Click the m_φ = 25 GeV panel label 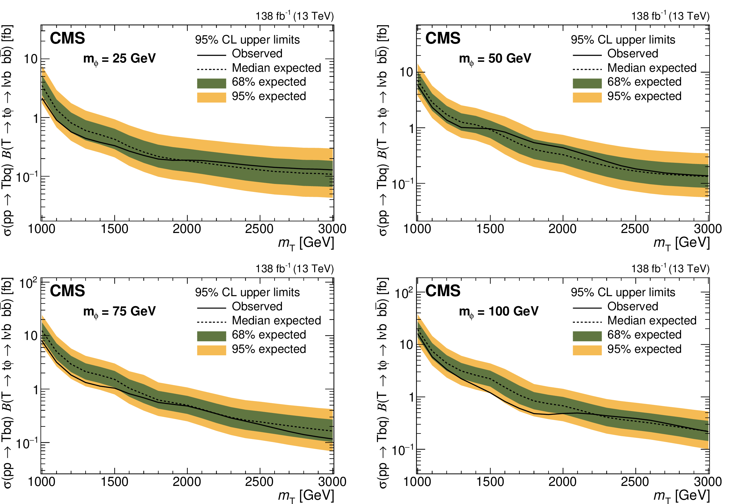[119, 59]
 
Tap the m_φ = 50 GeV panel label [495, 59]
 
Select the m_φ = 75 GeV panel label [119, 311]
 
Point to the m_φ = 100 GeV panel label [499, 311]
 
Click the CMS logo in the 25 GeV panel [67, 38]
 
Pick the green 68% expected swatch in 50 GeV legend [587, 83]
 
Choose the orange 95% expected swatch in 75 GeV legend [211, 350]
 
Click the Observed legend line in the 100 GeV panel [587, 308]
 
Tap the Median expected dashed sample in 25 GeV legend [211, 69]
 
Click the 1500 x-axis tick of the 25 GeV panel [114, 229]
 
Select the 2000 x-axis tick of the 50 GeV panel [563, 229]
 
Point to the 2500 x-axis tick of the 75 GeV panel [259, 482]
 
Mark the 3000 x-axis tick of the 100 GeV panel [707, 482]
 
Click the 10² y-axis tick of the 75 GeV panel [28, 283]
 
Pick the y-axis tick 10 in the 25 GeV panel [31, 59]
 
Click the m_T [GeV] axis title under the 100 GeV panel [681, 496]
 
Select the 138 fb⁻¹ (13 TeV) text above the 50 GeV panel [670, 16]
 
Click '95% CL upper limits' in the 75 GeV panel [247, 292]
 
